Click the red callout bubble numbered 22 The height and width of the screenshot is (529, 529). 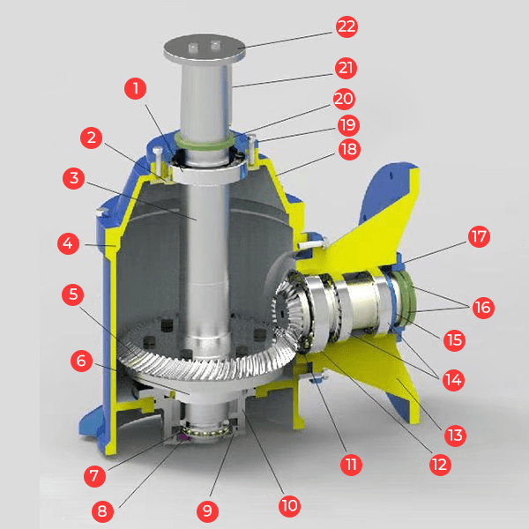click(346, 26)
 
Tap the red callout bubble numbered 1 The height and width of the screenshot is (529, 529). click(135, 89)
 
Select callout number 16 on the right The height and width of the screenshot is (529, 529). click(483, 308)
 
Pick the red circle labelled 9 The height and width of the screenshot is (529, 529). click(207, 511)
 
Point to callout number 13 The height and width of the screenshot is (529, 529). click(455, 436)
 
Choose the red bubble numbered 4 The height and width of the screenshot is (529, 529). click(68, 243)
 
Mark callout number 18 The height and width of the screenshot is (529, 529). click(349, 149)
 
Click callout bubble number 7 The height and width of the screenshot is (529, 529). click(95, 476)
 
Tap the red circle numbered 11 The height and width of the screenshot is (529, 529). click(351, 465)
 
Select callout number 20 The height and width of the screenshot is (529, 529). click(344, 99)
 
